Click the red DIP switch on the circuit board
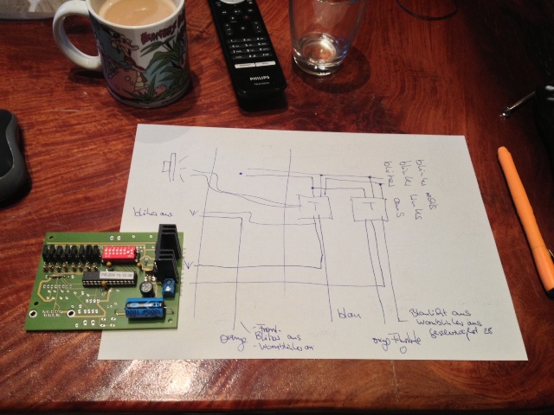[119, 252]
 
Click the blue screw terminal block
[170, 286]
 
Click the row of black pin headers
[72, 253]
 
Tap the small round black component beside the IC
[148, 284]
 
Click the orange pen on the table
[527, 217]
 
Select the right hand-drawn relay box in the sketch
[368, 208]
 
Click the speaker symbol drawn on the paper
[172, 166]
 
